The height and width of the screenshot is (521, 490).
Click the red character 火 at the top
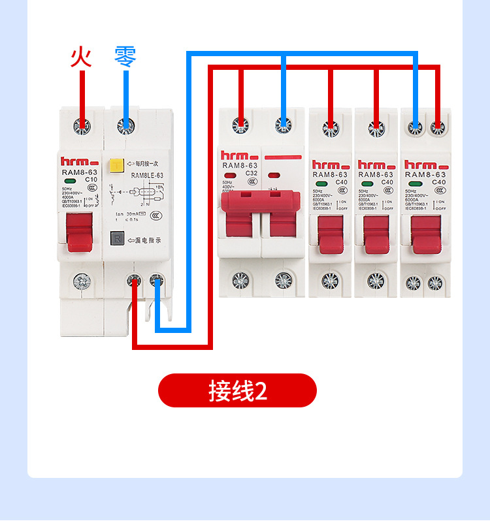coord(81,56)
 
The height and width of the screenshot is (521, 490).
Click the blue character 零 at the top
coord(125,56)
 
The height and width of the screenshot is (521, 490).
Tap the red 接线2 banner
coord(237,390)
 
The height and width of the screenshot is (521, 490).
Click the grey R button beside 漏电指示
coord(117,239)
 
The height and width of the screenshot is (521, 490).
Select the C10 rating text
coord(91,179)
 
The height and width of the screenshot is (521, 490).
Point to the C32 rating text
coord(252,173)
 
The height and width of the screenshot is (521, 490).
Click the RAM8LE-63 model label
coord(147,176)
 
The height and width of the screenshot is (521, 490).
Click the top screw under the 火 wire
coord(82,124)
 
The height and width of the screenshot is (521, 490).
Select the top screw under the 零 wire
coord(125,124)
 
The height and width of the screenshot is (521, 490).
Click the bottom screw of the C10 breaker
coord(82,281)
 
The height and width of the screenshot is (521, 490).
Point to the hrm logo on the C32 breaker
coord(237,157)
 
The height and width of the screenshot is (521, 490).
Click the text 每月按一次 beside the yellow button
coord(147,164)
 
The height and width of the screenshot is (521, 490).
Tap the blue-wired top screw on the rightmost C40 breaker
coord(414,127)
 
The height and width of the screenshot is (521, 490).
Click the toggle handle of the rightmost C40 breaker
coord(425,233)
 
